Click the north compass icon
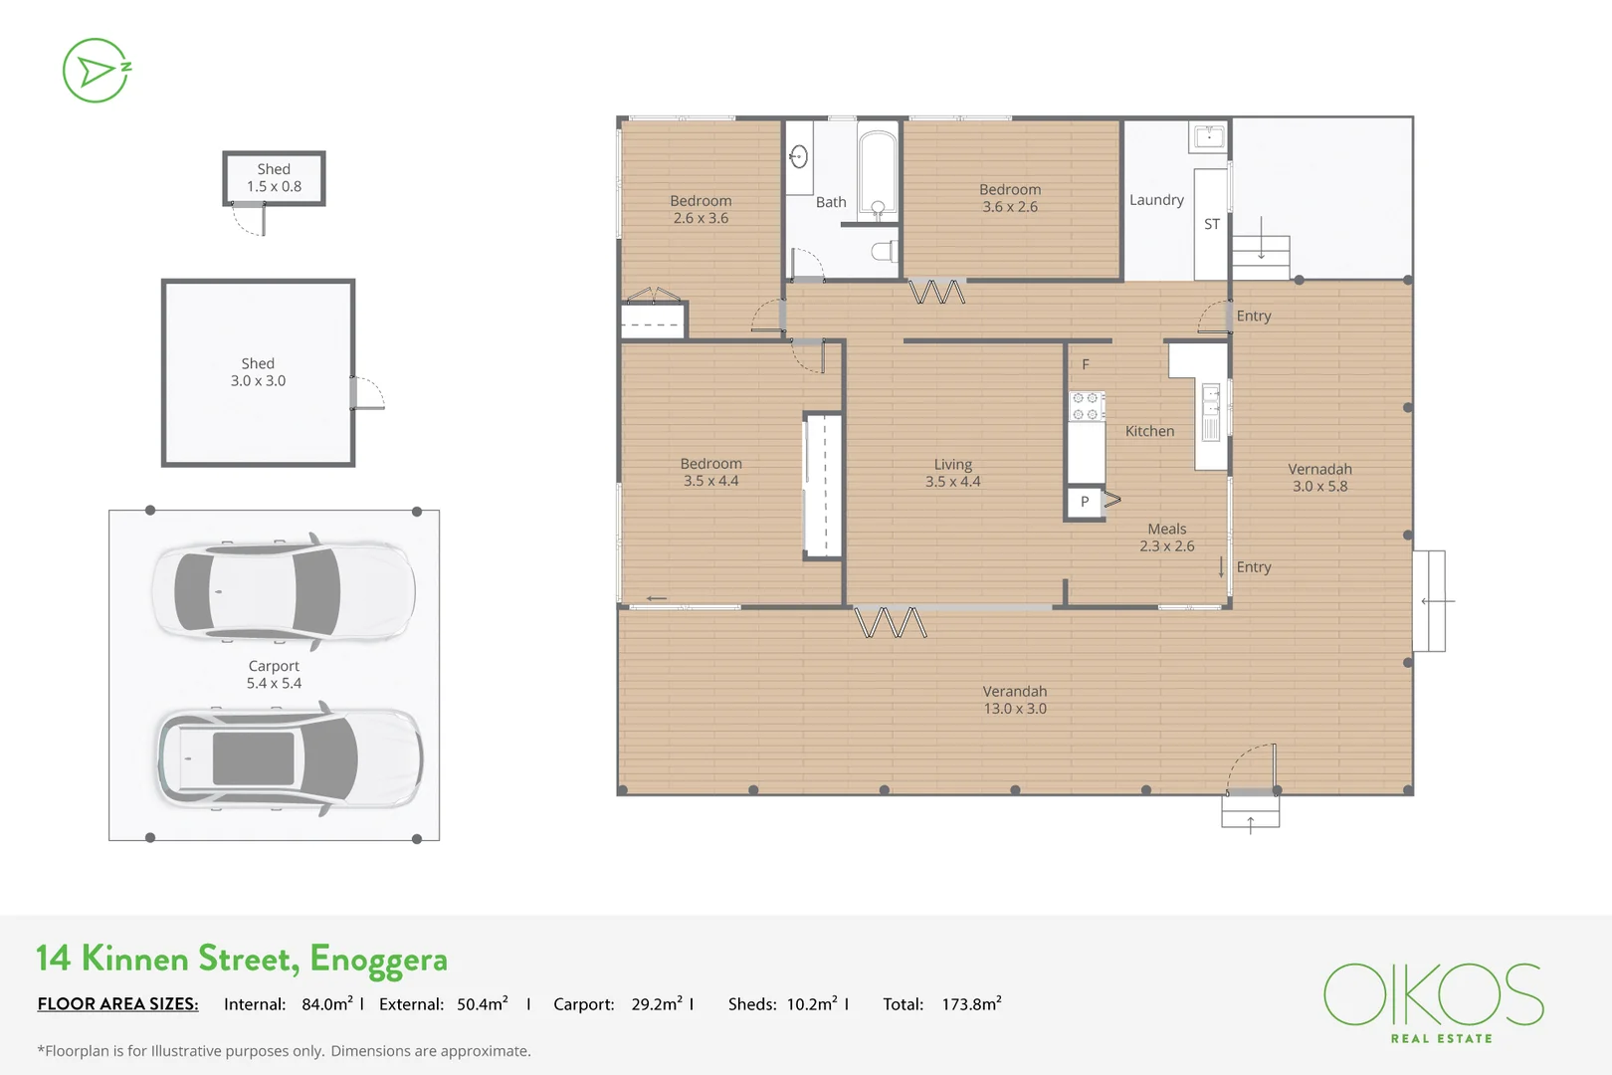click(x=96, y=71)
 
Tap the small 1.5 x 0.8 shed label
click(x=274, y=178)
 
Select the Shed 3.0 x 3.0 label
click(x=258, y=372)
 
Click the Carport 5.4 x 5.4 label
click(x=274, y=675)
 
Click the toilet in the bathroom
click(x=884, y=251)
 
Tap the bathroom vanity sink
click(x=799, y=156)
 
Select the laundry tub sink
click(x=1209, y=136)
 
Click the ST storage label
click(x=1211, y=225)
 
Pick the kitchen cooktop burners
click(x=1086, y=405)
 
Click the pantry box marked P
click(x=1085, y=502)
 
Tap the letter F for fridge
click(x=1086, y=365)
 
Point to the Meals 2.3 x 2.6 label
click(x=1167, y=537)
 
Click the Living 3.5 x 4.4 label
click(x=952, y=473)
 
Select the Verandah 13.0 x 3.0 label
click(x=1015, y=700)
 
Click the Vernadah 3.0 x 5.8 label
click(x=1319, y=478)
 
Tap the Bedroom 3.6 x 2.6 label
click(x=1010, y=198)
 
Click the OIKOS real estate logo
click(x=1434, y=1000)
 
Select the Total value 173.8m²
click(x=971, y=1004)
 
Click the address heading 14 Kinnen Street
click(x=242, y=959)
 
